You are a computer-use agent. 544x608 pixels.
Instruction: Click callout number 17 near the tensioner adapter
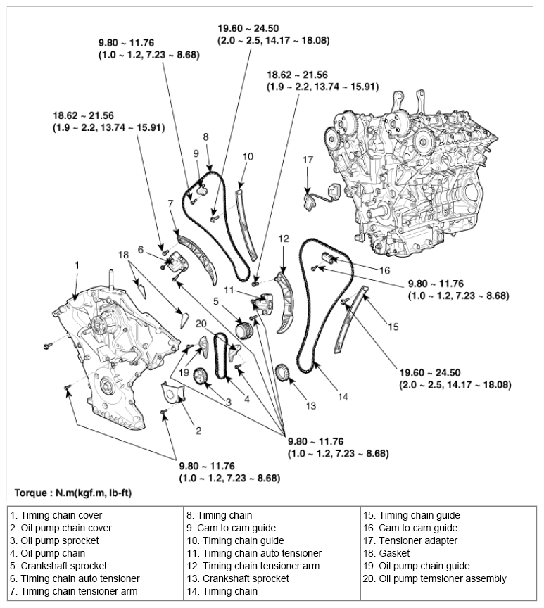pyautogui.click(x=308, y=160)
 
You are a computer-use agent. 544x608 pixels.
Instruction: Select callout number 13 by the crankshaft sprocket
pyautogui.click(x=311, y=405)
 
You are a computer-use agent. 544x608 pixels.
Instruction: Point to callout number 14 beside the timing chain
pyautogui.click(x=342, y=396)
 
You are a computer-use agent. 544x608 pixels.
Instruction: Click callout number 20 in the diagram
pyautogui.click(x=201, y=324)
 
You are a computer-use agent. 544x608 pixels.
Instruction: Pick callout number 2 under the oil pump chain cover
pyautogui.click(x=198, y=429)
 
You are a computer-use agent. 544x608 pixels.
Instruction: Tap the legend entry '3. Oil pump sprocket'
pyautogui.click(x=55, y=540)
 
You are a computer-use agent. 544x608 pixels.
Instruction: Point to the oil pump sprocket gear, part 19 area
pyautogui.click(x=200, y=376)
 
